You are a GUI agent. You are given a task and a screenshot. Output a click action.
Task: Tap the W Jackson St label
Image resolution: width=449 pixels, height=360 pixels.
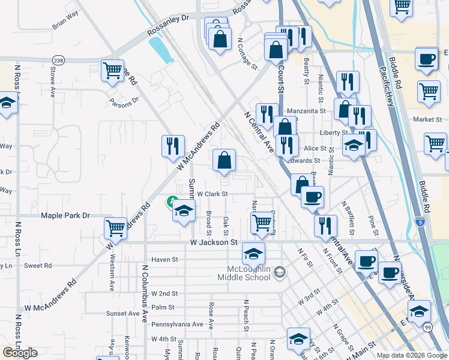click(x=214, y=242)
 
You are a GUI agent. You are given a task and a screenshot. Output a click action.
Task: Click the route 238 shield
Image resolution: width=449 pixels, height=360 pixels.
click(x=58, y=61)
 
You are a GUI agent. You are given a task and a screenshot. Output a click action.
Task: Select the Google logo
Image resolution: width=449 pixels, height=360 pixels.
click(x=20, y=353)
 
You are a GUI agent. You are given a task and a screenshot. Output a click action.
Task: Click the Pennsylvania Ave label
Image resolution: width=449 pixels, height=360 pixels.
click(x=177, y=325)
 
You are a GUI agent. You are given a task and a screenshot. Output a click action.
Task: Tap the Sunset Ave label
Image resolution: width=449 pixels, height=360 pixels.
click(x=122, y=313)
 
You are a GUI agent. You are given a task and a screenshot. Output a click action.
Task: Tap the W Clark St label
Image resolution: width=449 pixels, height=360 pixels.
click(x=213, y=194)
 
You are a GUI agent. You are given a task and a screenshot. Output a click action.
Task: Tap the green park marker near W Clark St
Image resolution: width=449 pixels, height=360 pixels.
click(x=172, y=201)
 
